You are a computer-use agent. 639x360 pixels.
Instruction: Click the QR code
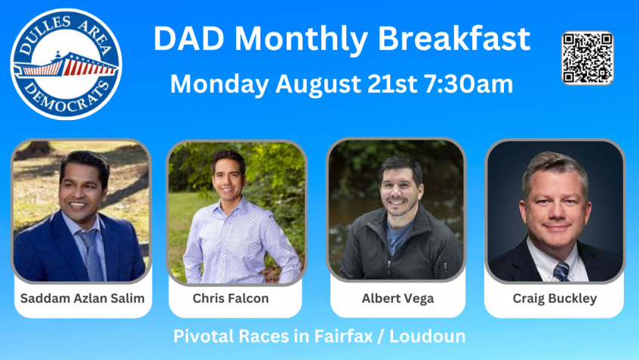click(588, 58)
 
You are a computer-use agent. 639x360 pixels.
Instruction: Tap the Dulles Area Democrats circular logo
click(66, 64)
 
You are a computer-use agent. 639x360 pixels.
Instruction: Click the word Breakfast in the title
click(454, 38)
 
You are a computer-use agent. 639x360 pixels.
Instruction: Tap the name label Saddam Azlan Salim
click(82, 298)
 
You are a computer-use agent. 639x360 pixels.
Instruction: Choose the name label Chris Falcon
click(231, 298)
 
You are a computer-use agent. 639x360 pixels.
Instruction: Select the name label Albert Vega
click(398, 298)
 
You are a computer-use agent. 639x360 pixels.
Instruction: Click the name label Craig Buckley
click(555, 298)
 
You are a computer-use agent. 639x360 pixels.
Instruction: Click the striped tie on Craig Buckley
click(561, 271)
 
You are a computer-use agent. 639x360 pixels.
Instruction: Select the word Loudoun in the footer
click(428, 337)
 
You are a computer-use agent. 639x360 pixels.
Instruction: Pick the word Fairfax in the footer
click(343, 337)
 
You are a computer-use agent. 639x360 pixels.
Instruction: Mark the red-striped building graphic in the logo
click(66, 65)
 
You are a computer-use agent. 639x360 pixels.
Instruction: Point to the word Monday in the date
click(220, 85)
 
